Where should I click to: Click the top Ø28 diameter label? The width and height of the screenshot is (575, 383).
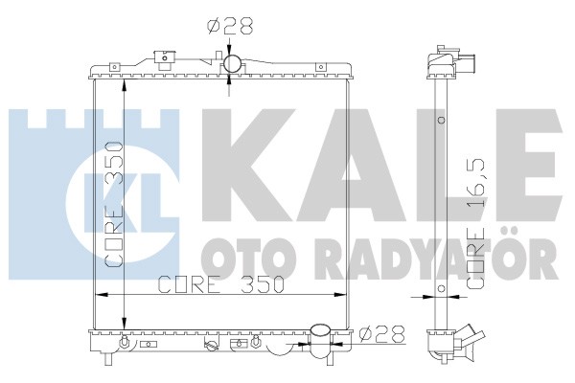point(230,27)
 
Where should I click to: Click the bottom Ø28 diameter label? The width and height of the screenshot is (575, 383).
point(381,334)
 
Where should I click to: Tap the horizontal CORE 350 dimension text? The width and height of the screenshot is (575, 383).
point(221,284)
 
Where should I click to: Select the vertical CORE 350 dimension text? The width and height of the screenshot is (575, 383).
point(113,204)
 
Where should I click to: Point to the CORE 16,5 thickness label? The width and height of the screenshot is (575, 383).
point(476,222)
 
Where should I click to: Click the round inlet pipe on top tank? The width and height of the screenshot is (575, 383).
point(233,64)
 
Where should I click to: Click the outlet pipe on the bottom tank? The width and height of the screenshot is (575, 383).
point(320,341)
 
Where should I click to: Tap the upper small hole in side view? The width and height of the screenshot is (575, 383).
point(442,120)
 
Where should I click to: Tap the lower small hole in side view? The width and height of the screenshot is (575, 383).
point(442,288)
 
